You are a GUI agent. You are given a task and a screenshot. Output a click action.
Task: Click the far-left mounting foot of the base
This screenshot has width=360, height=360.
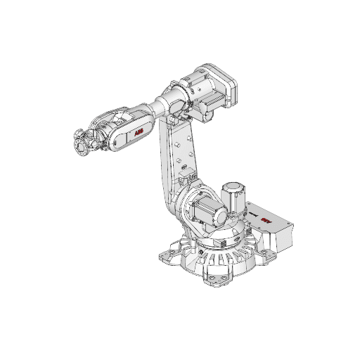[170, 255]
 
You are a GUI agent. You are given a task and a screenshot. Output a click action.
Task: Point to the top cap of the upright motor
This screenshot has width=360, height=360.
[232, 186]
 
